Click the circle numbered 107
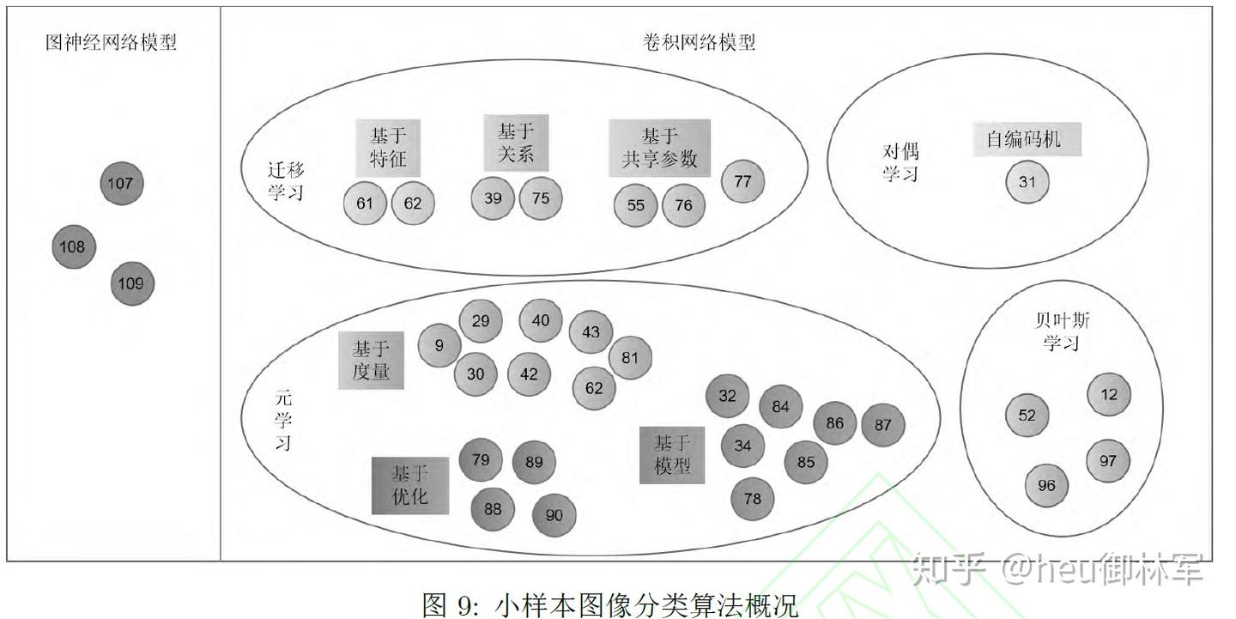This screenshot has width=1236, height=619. pos(122,183)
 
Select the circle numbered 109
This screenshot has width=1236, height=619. pos(131,283)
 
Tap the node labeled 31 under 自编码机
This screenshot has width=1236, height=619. pos(1027,182)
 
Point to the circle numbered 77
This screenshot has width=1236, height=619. pos(742,180)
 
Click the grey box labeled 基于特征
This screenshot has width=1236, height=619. pos(388,148)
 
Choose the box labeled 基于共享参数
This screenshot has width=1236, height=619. pos(659,148)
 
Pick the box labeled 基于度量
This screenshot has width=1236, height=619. pos(371,361)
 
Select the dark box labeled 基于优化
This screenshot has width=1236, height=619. pos(409,485)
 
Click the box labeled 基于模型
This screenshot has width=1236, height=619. pos(672,455)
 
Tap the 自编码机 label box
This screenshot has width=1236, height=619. pos(1027,139)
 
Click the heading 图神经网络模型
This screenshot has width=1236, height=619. pos(111,42)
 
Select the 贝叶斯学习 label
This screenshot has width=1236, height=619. pos(1062,332)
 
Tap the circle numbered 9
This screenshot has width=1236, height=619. pos(439,345)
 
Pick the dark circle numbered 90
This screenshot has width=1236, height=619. pos(554,515)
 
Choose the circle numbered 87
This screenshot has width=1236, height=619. pos(882,424)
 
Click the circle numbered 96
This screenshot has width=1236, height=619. pos(1046,486)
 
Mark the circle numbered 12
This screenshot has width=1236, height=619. pos(1109,395)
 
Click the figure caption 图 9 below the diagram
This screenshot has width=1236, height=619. pos(609,604)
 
